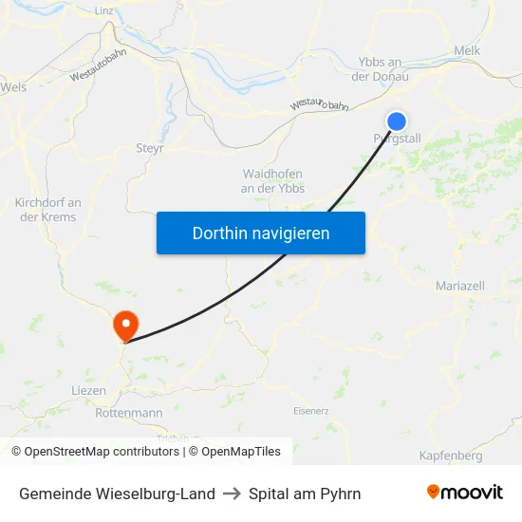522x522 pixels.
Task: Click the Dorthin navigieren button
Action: click(x=261, y=233)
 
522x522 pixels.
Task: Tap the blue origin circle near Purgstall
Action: click(x=397, y=121)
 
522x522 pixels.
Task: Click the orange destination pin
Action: click(x=124, y=326)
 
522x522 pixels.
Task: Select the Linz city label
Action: click(x=104, y=10)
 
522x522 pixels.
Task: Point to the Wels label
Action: click(x=13, y=86)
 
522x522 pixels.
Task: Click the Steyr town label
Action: click(x=151, y=148)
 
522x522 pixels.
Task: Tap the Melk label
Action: click(x=468, y=50)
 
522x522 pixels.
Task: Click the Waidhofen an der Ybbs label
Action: click(x=273, y=180)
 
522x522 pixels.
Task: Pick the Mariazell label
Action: click(x=460, y=286)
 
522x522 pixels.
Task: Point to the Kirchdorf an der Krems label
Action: click(x=47, y=210)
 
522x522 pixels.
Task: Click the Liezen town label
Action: click(x=88, y=390)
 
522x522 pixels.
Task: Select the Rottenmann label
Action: click(x=129, y=413)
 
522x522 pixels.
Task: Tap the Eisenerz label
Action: click(x=310, y=411)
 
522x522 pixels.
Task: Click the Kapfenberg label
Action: click(x=451, y=456)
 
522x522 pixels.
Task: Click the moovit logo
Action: click(x=464, y=493)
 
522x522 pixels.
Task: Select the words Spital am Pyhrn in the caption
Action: click(x=305, y=494)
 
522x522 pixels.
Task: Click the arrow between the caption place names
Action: click(x=232, y=494)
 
